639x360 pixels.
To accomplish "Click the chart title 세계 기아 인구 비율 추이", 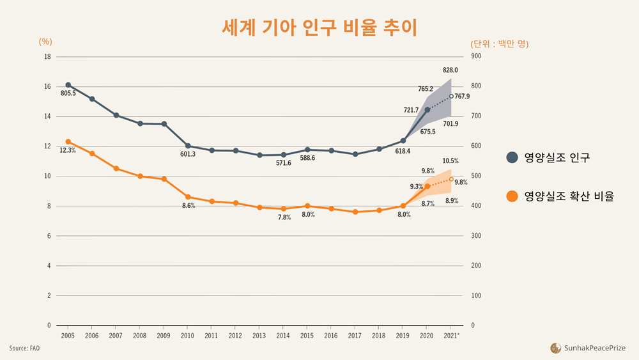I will [x=319, y=27].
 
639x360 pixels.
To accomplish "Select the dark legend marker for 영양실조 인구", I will [x=512, y=158].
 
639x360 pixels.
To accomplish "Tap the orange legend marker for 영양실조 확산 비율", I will [x=512, y=196].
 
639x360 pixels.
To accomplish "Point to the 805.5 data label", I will [x=68, y=93].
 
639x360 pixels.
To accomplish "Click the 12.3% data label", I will [x=68, y=150].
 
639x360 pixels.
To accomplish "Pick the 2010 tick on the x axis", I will [x=188, y=334].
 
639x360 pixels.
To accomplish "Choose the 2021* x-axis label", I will [x=452, y=334].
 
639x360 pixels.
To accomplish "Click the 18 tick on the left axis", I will [x=47, y=56].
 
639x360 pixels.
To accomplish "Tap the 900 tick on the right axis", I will [x=476, y=56].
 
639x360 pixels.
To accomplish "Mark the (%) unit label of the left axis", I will [x=45, y=42].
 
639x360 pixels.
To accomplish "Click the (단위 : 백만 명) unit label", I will [x=500, y=44].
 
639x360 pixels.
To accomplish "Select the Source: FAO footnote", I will [x=24, y=348].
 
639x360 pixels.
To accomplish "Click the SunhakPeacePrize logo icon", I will [x=555, y=348].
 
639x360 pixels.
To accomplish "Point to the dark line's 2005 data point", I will [x=68, y=85].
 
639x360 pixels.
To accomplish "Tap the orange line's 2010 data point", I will [x=188, y=197].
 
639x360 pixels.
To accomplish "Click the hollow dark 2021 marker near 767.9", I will [x=451, y=97].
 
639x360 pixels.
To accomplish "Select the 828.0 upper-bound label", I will [x=450, y=70].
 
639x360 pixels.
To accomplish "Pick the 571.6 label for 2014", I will [x=284, y=163].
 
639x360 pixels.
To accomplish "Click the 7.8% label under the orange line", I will [x=284, y=217].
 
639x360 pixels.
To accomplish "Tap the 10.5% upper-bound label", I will [x=450, y=160].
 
